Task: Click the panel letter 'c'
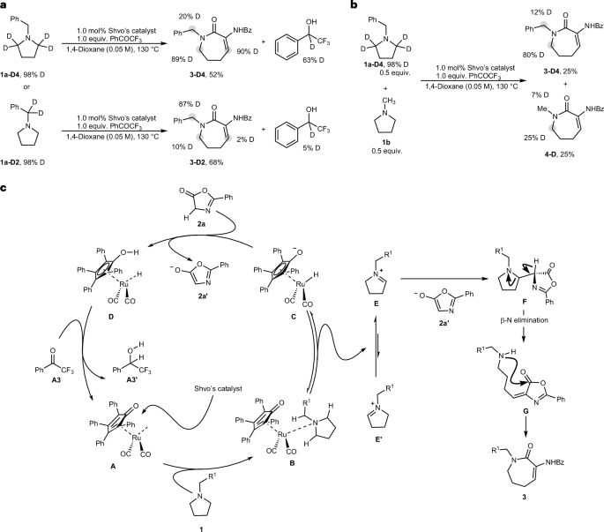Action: pyautogui.click(x=4, y=189)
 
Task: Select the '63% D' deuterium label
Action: pyautogui.click(x=313, y=60)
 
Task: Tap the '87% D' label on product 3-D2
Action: pyautogui.click(x=189, y=104)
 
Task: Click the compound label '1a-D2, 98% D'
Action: pyautogui.click(x=22, y=162)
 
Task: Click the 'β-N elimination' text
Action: pyautogui.click(x=524, y=320)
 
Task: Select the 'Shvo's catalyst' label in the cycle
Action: pyautogui.click(x=218, y=388)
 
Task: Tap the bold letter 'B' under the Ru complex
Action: pyautogui.click(x=292, y=463)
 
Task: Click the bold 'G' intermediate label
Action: pyautogui.click(x=525, y=411)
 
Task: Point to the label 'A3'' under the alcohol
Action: pyautogui.click(x=131, y=379)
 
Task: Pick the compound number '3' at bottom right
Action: pyautogui.click(x=524, y=498)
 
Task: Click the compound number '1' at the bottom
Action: pyautogui.click(x=201, y=529)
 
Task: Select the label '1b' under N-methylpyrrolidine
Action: pyautogui.click(x=385, y=142)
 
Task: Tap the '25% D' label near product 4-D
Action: pyautogui.click(x=533, y=138)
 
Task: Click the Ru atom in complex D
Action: pyautogui.click(x=123, y=284)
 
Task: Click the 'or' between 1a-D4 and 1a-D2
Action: pyautogui.click(x=26, y=86)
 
